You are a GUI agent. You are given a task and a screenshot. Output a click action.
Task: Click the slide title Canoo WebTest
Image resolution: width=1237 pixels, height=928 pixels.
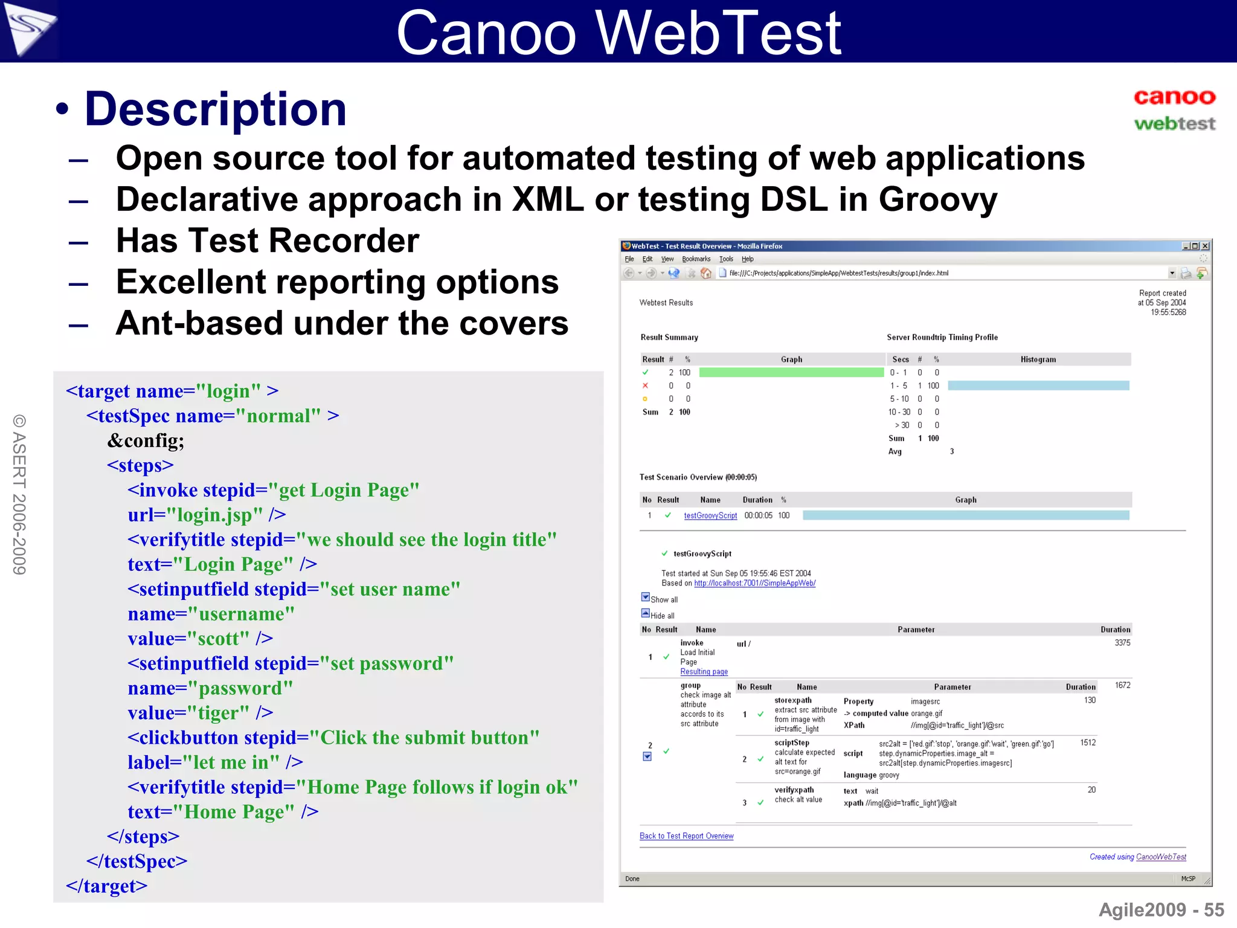(x=618, y=33)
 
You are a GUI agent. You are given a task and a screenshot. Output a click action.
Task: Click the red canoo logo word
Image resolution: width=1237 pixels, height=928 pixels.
(x=1174, y=97)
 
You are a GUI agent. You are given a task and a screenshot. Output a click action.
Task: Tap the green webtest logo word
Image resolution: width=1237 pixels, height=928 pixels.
(x=1174, y=124)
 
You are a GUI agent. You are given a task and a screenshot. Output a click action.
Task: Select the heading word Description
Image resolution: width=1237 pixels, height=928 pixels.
(x=216, y=109)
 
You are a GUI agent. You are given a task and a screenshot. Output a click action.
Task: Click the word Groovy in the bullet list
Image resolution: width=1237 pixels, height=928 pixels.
(x=937, y=199)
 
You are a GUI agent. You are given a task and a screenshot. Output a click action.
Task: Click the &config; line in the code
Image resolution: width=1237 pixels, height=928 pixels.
(x=146, y=440)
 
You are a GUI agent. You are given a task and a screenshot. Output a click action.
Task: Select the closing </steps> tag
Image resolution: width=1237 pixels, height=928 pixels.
(x=143, y=837)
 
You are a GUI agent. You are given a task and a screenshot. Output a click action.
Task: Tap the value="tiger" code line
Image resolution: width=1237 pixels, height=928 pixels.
(x=200, y=713)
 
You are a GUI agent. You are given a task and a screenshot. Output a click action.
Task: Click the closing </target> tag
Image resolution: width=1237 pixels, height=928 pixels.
(x=107, y=886)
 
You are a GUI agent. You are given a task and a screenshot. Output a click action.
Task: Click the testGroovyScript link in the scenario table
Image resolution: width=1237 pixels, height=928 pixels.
(x=710, y=515)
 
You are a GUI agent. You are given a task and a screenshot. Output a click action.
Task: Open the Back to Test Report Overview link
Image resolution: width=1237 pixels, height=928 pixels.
(x=686, y=836)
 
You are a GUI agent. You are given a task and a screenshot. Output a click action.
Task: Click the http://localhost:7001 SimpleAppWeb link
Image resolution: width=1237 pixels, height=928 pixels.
(x=754, y=583)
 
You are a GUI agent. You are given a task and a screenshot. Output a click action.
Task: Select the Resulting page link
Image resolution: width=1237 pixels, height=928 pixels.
(x=704, y=672)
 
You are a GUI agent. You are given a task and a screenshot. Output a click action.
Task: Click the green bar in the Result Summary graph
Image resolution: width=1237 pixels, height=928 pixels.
(x=791, y=372)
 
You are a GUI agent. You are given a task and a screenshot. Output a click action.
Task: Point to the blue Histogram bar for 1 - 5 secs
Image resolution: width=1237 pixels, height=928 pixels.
(x=1038, y=385)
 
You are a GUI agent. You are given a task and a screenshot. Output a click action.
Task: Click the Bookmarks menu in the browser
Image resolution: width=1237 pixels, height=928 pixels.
(x=696, y=259)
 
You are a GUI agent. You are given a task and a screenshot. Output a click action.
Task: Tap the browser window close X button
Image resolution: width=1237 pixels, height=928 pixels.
(x=1205, y=246)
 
